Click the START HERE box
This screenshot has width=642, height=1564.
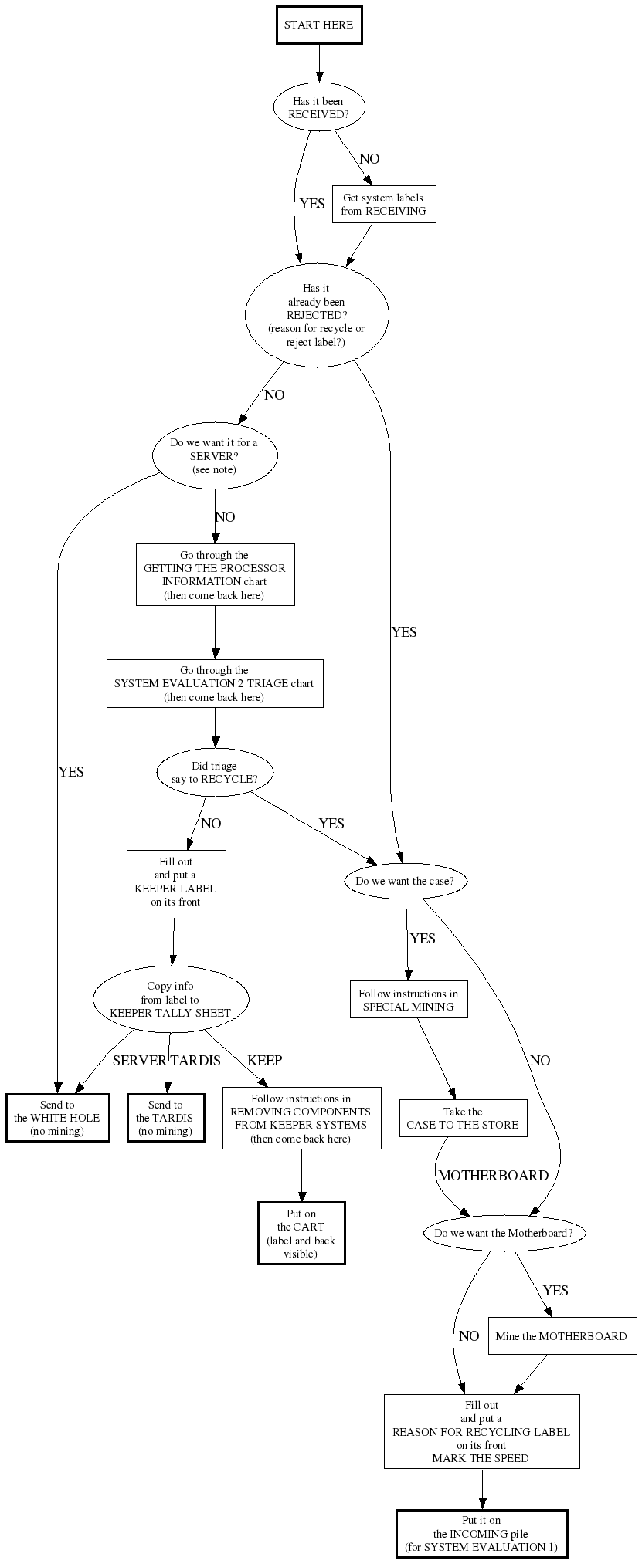coord(318,25)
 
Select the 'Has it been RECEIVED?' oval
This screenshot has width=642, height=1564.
coord(318,107)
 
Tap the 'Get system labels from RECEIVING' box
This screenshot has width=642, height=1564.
coord(384,205)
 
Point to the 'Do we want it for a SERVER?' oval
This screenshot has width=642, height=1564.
coord(214,456)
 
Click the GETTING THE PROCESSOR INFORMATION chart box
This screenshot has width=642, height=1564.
coord(215,575)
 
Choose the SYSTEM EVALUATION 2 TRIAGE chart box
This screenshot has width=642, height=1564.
coord(215,683)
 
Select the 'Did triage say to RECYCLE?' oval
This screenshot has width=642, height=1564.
coord(215,773)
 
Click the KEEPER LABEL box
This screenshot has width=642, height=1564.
coord(176,881)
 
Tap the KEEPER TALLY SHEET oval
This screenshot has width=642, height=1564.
coord(170,1000)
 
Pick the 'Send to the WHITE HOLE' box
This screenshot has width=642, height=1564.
coord(57,1118)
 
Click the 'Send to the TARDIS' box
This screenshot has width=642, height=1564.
coord(165,1118)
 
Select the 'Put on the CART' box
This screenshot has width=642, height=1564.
coord(301,1233)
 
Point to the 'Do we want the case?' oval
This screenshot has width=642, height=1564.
coord(405,881)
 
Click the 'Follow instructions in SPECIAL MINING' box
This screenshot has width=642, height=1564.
coord(409,1000)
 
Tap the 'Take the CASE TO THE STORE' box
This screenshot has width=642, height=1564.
coord(463,1118)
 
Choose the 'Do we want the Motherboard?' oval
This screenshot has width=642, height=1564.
coord(504,1233)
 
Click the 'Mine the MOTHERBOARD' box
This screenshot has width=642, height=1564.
coord(562,1336)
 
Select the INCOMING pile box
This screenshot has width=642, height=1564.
coord(481,1534)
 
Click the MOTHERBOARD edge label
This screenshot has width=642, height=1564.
coord(493,1176)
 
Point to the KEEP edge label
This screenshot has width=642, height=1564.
coord(264,1061)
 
